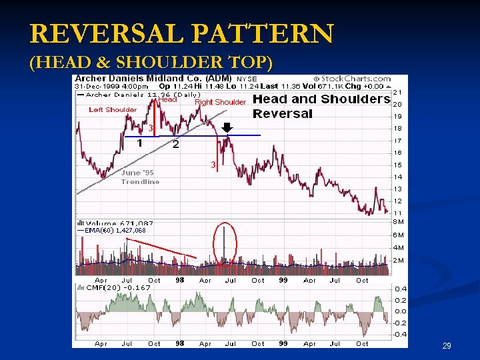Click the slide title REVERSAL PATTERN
pos(181,33)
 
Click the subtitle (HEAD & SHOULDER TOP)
pos(151,63)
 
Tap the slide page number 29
pos(447,346)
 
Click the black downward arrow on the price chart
pos(227,127)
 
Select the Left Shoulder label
pos(113,110)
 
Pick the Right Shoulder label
pos(220,103)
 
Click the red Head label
pos(168,100)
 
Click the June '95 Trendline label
pos(140,177)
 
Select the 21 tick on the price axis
pos(397,92)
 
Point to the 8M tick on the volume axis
pos(398,221)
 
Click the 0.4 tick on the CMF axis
pos(400,289)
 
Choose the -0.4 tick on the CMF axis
pos(399,334)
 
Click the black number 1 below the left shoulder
pos(139,143)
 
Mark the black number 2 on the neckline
pos(175,145)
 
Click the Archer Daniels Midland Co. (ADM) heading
pos(153,79)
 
